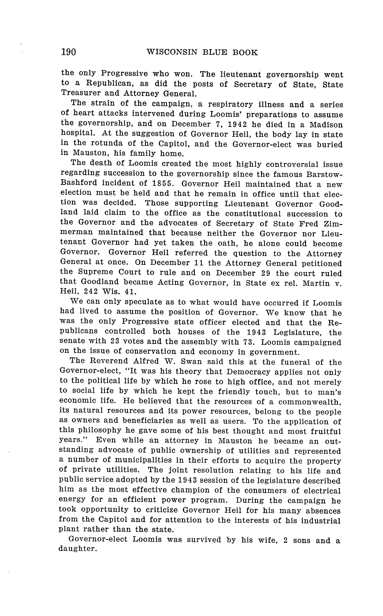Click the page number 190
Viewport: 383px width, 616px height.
pyautogui.click(x=68, y=52)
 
